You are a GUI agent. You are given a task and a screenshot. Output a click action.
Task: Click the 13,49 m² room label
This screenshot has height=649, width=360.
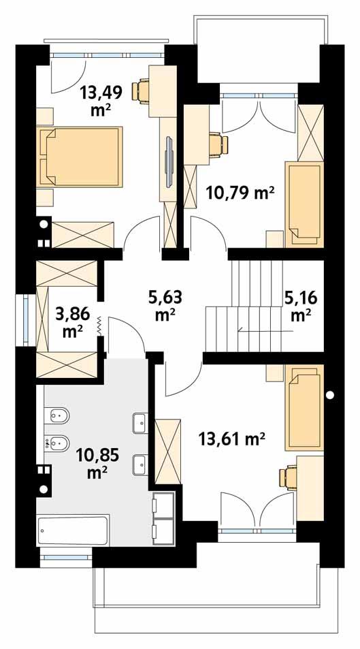(x=97, y=100)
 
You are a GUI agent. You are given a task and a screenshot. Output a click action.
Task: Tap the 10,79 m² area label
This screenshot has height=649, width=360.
(x=240, y=193)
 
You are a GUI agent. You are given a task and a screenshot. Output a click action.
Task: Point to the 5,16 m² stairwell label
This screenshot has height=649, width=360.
(x=300, y=305)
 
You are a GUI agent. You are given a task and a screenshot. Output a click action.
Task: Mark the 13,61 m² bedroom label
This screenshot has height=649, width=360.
(x=231, y=439)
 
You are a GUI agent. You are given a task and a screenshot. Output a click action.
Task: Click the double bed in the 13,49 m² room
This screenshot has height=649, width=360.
(x=80, y=157)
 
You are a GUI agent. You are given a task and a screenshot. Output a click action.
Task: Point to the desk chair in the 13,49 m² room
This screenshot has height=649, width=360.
(x=144, y=88)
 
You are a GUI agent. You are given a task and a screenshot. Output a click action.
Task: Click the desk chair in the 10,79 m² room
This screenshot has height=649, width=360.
(x=218, y=144)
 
